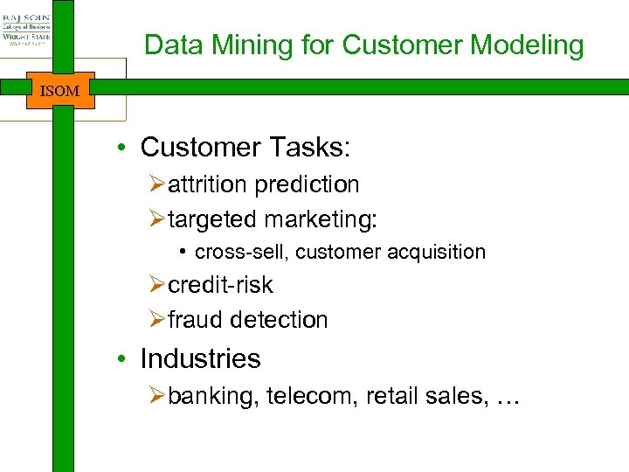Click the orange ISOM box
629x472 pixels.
(x=59, y=90)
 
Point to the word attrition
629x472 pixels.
(x=208, y=184)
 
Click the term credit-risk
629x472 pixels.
(x=220, y=285)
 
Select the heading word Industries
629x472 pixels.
(x=200, y=358)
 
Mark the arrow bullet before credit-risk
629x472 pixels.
(x=157, y=286)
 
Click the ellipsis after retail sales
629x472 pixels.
(x=507, y=399)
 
